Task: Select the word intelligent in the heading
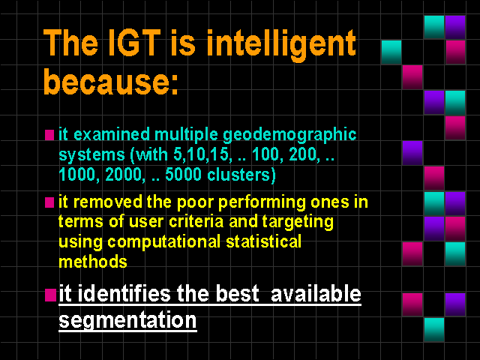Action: point(281,45)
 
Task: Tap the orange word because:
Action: point(111,82)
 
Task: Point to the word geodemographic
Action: point(289,135)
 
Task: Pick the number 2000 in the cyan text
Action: point(123,175)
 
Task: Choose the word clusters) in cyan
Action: point(241,175)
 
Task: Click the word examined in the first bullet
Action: point(112,134)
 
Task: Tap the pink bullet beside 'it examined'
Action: point(49,135)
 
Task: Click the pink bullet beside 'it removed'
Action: point(49,202)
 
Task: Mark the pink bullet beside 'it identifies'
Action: point(50,295)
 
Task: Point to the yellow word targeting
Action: point(298,223)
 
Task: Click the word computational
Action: point(163,242)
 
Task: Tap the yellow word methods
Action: point(93,262)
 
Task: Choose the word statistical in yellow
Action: point(263,241)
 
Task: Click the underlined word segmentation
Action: point(127,320)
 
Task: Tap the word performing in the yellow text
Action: point(262,203)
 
